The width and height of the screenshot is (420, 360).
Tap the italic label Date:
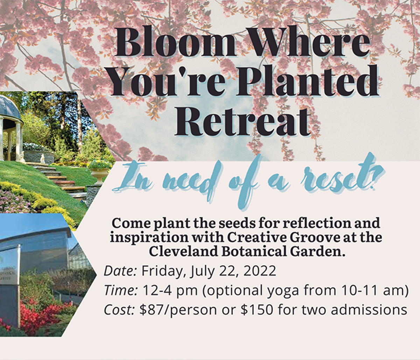(120, 271)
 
